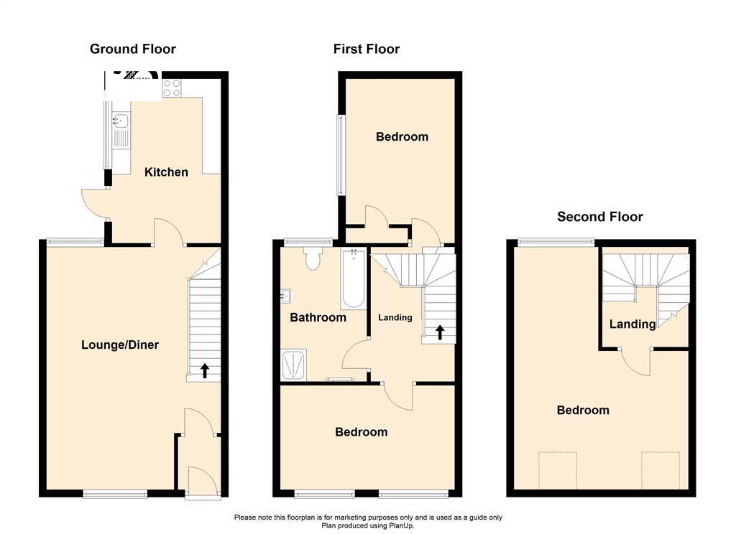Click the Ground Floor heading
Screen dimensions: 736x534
133,50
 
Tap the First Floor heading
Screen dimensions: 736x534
367,50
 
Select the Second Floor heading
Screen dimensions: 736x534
600,217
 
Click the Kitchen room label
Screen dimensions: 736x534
166,172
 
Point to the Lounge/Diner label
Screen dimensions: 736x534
120,345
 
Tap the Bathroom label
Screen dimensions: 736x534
318,317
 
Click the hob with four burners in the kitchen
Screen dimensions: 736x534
172,88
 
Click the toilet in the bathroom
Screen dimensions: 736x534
313,258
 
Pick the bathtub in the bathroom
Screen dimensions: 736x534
354,278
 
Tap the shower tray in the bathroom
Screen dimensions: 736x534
294,365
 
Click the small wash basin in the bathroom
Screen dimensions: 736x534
285,296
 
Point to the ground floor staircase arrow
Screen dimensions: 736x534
205,370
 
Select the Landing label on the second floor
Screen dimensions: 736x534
632,324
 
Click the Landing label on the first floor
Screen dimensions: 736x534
395,317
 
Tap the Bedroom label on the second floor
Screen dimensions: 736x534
583,411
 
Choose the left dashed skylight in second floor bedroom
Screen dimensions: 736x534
557,470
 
